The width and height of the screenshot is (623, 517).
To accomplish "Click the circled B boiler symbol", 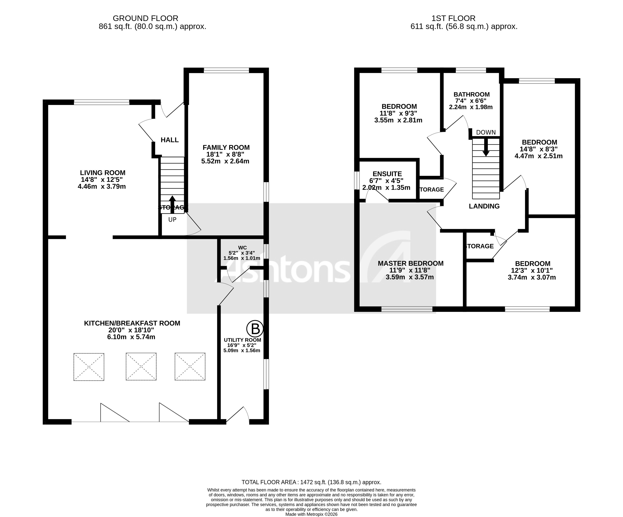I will [255, 329].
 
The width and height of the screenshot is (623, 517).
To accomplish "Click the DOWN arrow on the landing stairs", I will [486, 148].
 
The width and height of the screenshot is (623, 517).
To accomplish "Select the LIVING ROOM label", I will [103, 173].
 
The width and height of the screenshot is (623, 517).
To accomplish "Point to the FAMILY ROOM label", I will [226, 148].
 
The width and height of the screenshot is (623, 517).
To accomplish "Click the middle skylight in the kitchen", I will [141, 366].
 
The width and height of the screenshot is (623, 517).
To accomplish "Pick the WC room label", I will [242, 248].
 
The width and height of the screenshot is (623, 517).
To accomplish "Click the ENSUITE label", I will [387, 174].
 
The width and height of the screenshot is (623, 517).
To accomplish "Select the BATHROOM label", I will [471, 94].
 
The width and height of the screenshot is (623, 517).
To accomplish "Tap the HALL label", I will [170, 140].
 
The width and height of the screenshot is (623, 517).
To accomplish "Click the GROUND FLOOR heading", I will [145, 18].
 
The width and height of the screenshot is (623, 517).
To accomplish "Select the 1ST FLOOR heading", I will [453, 18].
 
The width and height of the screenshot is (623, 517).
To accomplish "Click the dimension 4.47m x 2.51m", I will [538, 156].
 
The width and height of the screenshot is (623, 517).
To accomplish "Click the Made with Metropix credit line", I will [311, 514].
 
